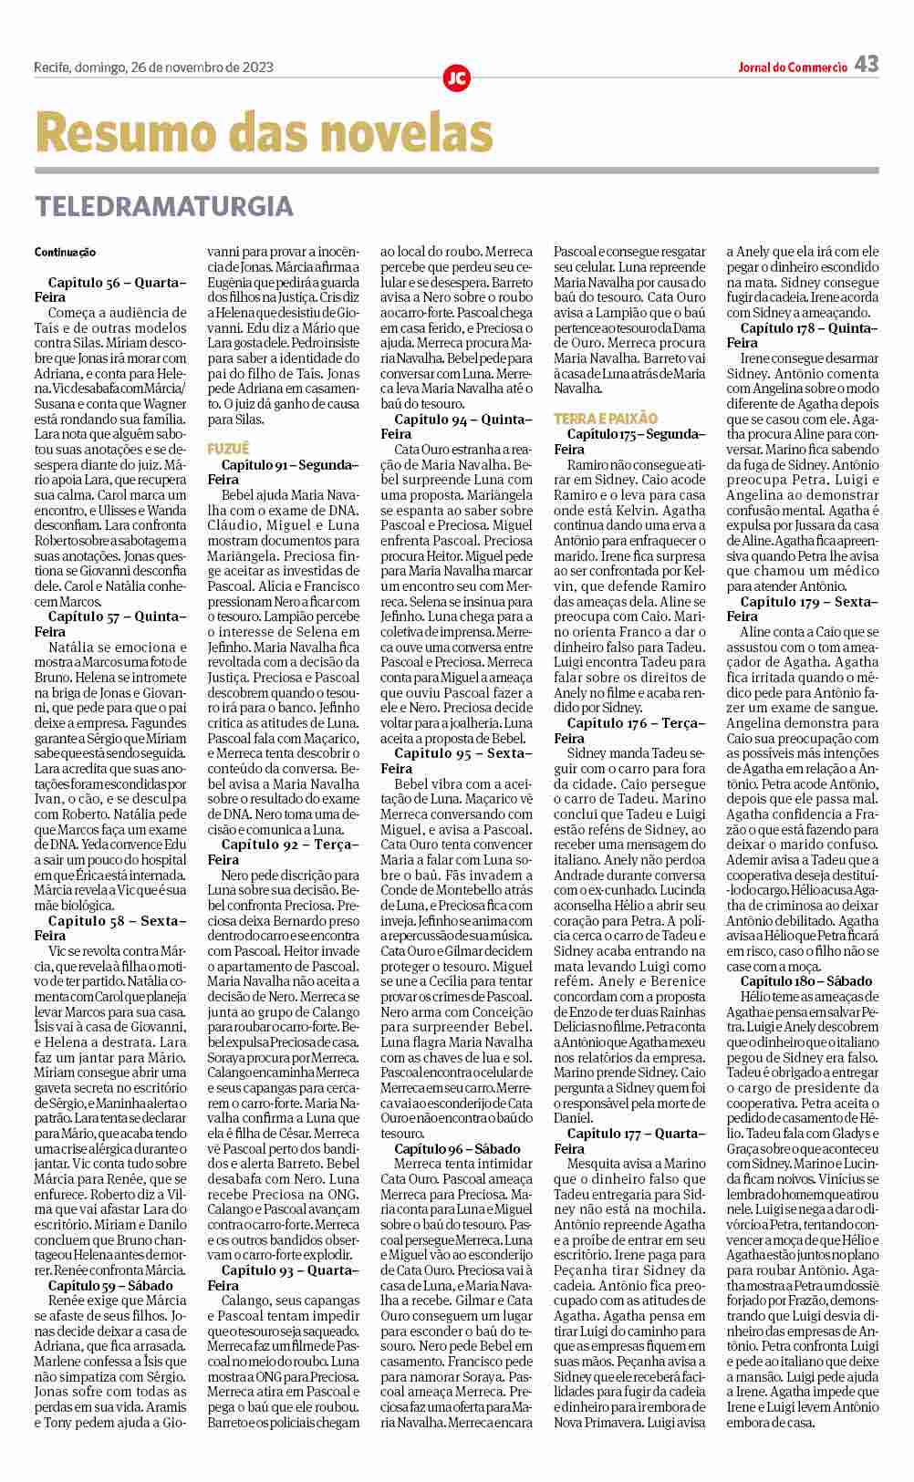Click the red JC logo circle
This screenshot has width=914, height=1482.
456,78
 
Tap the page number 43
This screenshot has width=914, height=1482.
867,64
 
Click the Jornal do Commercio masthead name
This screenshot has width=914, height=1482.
793,67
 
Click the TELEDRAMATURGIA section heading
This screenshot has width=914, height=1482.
164,206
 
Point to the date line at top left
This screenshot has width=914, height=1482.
153,67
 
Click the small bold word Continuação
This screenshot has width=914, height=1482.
65,252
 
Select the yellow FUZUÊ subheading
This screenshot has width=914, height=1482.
228,449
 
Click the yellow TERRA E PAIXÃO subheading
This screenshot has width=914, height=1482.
606,419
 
